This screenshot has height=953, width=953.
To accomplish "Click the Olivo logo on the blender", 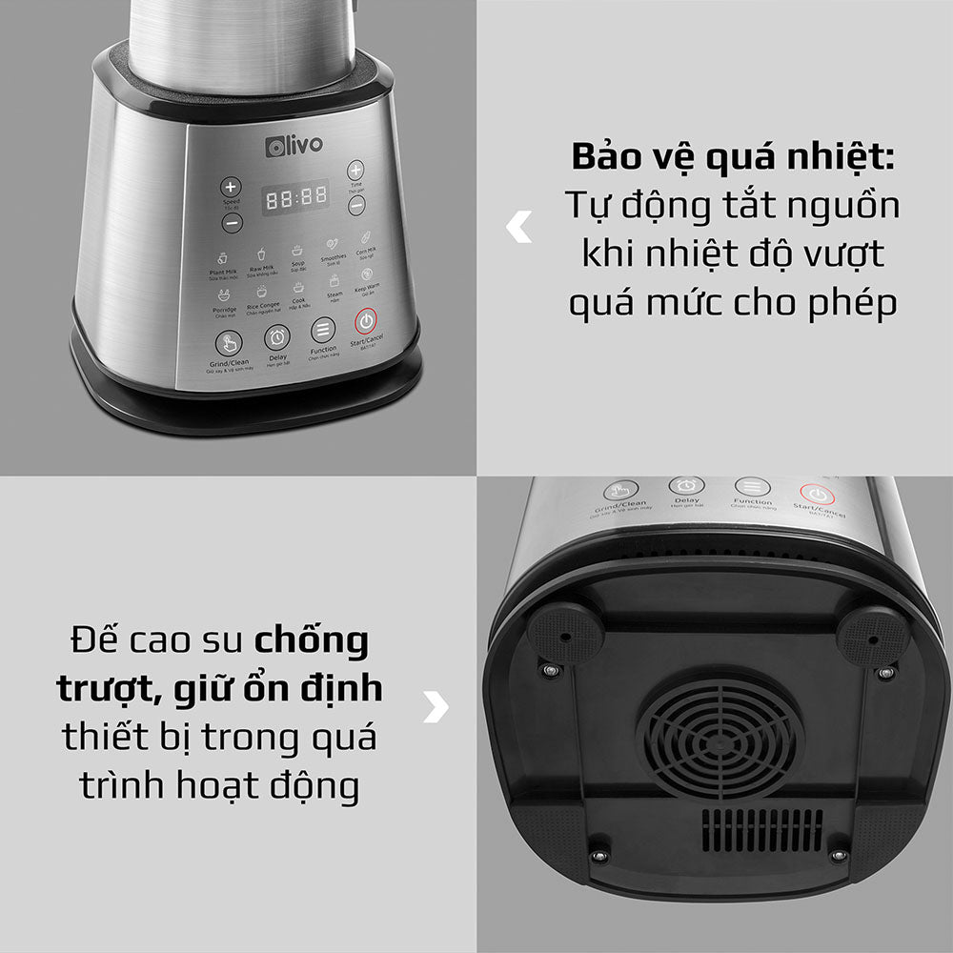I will pyautogui.click(x=294, y=145).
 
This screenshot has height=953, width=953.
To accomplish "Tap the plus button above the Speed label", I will pyautogui.click(x=231, y=187).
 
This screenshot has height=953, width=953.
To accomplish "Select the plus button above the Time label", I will pyautogui.click(x=355, y=171).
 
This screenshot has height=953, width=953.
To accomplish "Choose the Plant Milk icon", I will pyautogui.click(x=222, y=257).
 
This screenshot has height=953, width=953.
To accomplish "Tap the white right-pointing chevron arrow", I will pyautogui.click(x=436, y=706).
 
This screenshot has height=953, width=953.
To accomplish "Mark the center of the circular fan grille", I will pyautogui.click(x=720, y=736).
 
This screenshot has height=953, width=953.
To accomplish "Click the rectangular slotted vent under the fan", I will pyautogui.click(x=762, y=830).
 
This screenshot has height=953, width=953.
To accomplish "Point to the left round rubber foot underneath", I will pyautogui.click(x=565, y=632).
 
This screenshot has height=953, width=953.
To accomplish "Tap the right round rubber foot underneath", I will pyautogui.click(x=872, y=635).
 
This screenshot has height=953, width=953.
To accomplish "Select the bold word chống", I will pyautogui.click(x=312, y=639).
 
